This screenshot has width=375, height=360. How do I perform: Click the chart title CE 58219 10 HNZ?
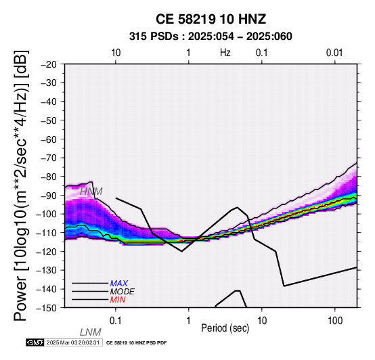click(x=211, y=19)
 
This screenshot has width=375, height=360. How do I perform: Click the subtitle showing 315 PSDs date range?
click(x=211, y=37)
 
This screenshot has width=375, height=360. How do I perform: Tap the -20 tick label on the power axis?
click(x=49, y=64)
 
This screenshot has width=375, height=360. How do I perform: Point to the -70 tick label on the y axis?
click(x=49, y=158)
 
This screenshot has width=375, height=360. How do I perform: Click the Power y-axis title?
click(x=21, y=185)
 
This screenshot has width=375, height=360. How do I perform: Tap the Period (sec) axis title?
click(x=225, y=328)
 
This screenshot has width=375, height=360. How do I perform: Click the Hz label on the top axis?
click(x=225, y=53)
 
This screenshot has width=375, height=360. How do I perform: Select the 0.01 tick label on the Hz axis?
click(x=334, y=53)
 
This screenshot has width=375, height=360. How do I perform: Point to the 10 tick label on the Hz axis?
click(x=116, y=53)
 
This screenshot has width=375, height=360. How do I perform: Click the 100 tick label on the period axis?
click(x=335, y=321)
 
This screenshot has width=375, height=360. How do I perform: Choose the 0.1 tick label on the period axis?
click(x=116, y=321)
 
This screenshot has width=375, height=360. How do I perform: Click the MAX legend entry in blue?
click(x=119, y=284)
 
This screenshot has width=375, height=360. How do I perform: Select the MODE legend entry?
click(x=123, y=292)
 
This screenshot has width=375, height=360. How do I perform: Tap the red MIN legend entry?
click(x=118, y=300)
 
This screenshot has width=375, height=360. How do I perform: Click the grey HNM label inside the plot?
click(x=91, y=192)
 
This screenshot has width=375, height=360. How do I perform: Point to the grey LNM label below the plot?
click(x=91, y=332)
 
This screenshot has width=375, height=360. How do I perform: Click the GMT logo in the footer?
click(x=35, y=342)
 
